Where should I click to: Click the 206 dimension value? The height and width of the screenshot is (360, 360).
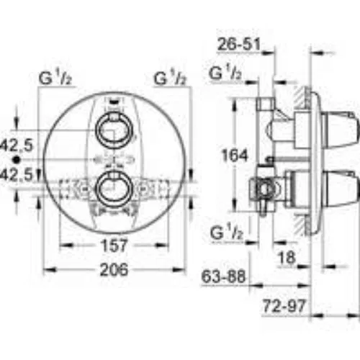[114, 269]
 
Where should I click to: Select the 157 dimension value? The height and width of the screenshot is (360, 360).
[114, 246]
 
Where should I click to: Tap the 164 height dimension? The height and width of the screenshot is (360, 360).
[234, 156]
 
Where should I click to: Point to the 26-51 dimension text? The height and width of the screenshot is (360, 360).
[238, 45]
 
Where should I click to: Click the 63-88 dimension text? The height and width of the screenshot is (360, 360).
[223, 276]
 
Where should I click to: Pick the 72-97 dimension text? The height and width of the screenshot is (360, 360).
[284, 306]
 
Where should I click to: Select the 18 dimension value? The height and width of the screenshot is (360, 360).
[287, 258]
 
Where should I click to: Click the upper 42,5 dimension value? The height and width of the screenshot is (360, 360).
[17, 145]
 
